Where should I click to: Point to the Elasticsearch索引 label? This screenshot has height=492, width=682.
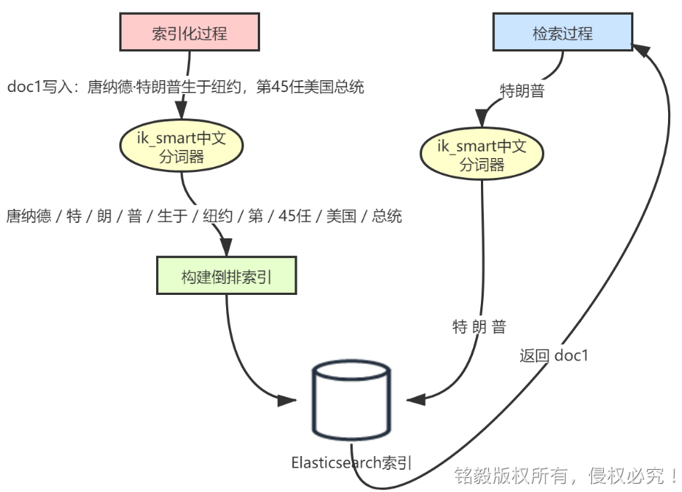pyautogui.click(x=351, y=463)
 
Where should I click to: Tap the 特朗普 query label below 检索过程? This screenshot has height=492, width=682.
pyautogui.click(x=522, y=91)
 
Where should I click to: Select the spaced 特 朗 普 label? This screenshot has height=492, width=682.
pyautogui.click(x=479, y=327)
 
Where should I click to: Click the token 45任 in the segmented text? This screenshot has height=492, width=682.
pyautogui.click(x=300, y=216)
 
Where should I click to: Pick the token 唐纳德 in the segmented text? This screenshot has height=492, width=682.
pyautogui.click(x=29, y=216)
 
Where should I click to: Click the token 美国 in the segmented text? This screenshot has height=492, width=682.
pyautogui.click(x=341, y=216)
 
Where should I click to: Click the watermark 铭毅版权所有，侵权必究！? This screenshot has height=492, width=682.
pyautogui.click(x=566, y=475)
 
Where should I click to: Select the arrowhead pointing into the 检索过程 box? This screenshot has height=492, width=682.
pyautogui.click(x=644, y=50)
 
